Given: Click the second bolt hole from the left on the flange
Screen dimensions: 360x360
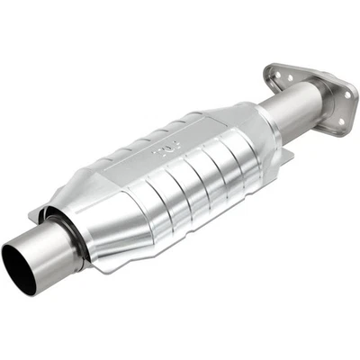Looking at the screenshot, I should (x=291, y=78).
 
